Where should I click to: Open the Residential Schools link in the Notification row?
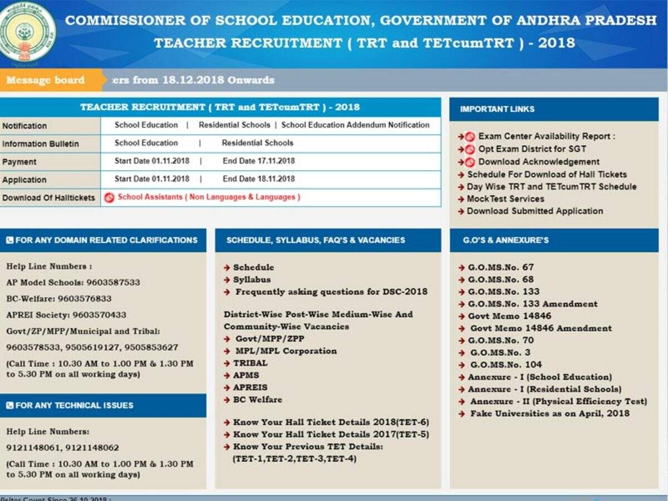coord(234,125)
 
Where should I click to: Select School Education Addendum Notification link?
coord(355,125)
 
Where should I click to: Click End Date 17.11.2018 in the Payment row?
coord(259,161)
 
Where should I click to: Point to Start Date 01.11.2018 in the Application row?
coord(152,179)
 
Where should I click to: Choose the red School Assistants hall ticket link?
coord(209,197)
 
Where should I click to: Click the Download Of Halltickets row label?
coord(48,198)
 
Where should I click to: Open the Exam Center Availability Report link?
coord(547,136)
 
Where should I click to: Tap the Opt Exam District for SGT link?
coord(532,149)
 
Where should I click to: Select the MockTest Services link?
coord(505,199)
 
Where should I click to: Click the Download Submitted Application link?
coord(534,211)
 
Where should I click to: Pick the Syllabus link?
coord(252,279)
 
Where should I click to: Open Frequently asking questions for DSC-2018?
coord(331,292)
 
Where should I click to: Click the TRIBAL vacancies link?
coord(250,363)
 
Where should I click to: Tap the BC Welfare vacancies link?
coord(257,400)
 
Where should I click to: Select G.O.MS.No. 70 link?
coord(500,340)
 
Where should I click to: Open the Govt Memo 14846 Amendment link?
coord(541,328)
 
